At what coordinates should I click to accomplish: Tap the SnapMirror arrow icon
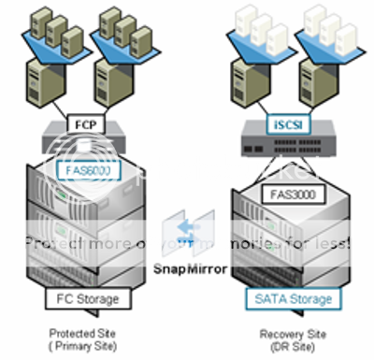187,230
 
